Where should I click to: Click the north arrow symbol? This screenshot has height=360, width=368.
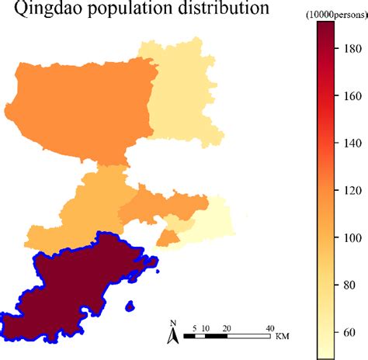175,335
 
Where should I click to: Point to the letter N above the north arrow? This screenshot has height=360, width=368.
174,323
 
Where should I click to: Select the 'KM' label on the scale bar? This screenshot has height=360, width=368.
282,337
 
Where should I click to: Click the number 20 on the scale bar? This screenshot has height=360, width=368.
226,327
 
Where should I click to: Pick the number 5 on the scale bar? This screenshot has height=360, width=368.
194,327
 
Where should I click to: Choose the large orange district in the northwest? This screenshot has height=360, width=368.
78,109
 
